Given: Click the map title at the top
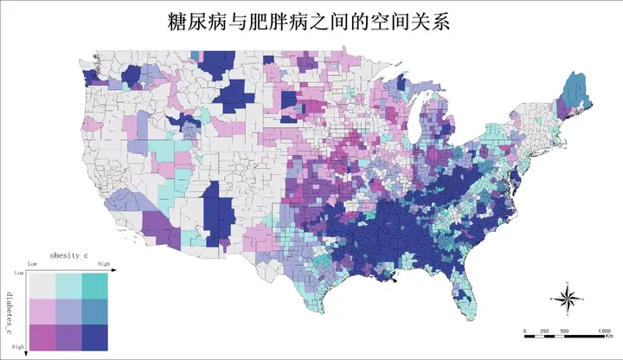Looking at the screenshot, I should (311, 20).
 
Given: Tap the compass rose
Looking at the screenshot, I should (567, 299).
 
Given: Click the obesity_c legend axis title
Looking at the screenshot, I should (70, 256).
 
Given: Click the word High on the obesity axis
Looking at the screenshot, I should (104, 264).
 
